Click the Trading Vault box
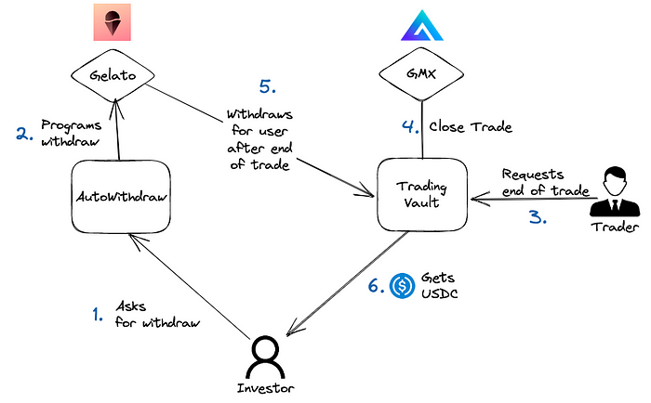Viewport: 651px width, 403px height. tap(420, 193)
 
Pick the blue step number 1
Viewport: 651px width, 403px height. tap(97, 316)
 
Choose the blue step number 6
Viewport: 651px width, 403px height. tap(375, 288)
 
